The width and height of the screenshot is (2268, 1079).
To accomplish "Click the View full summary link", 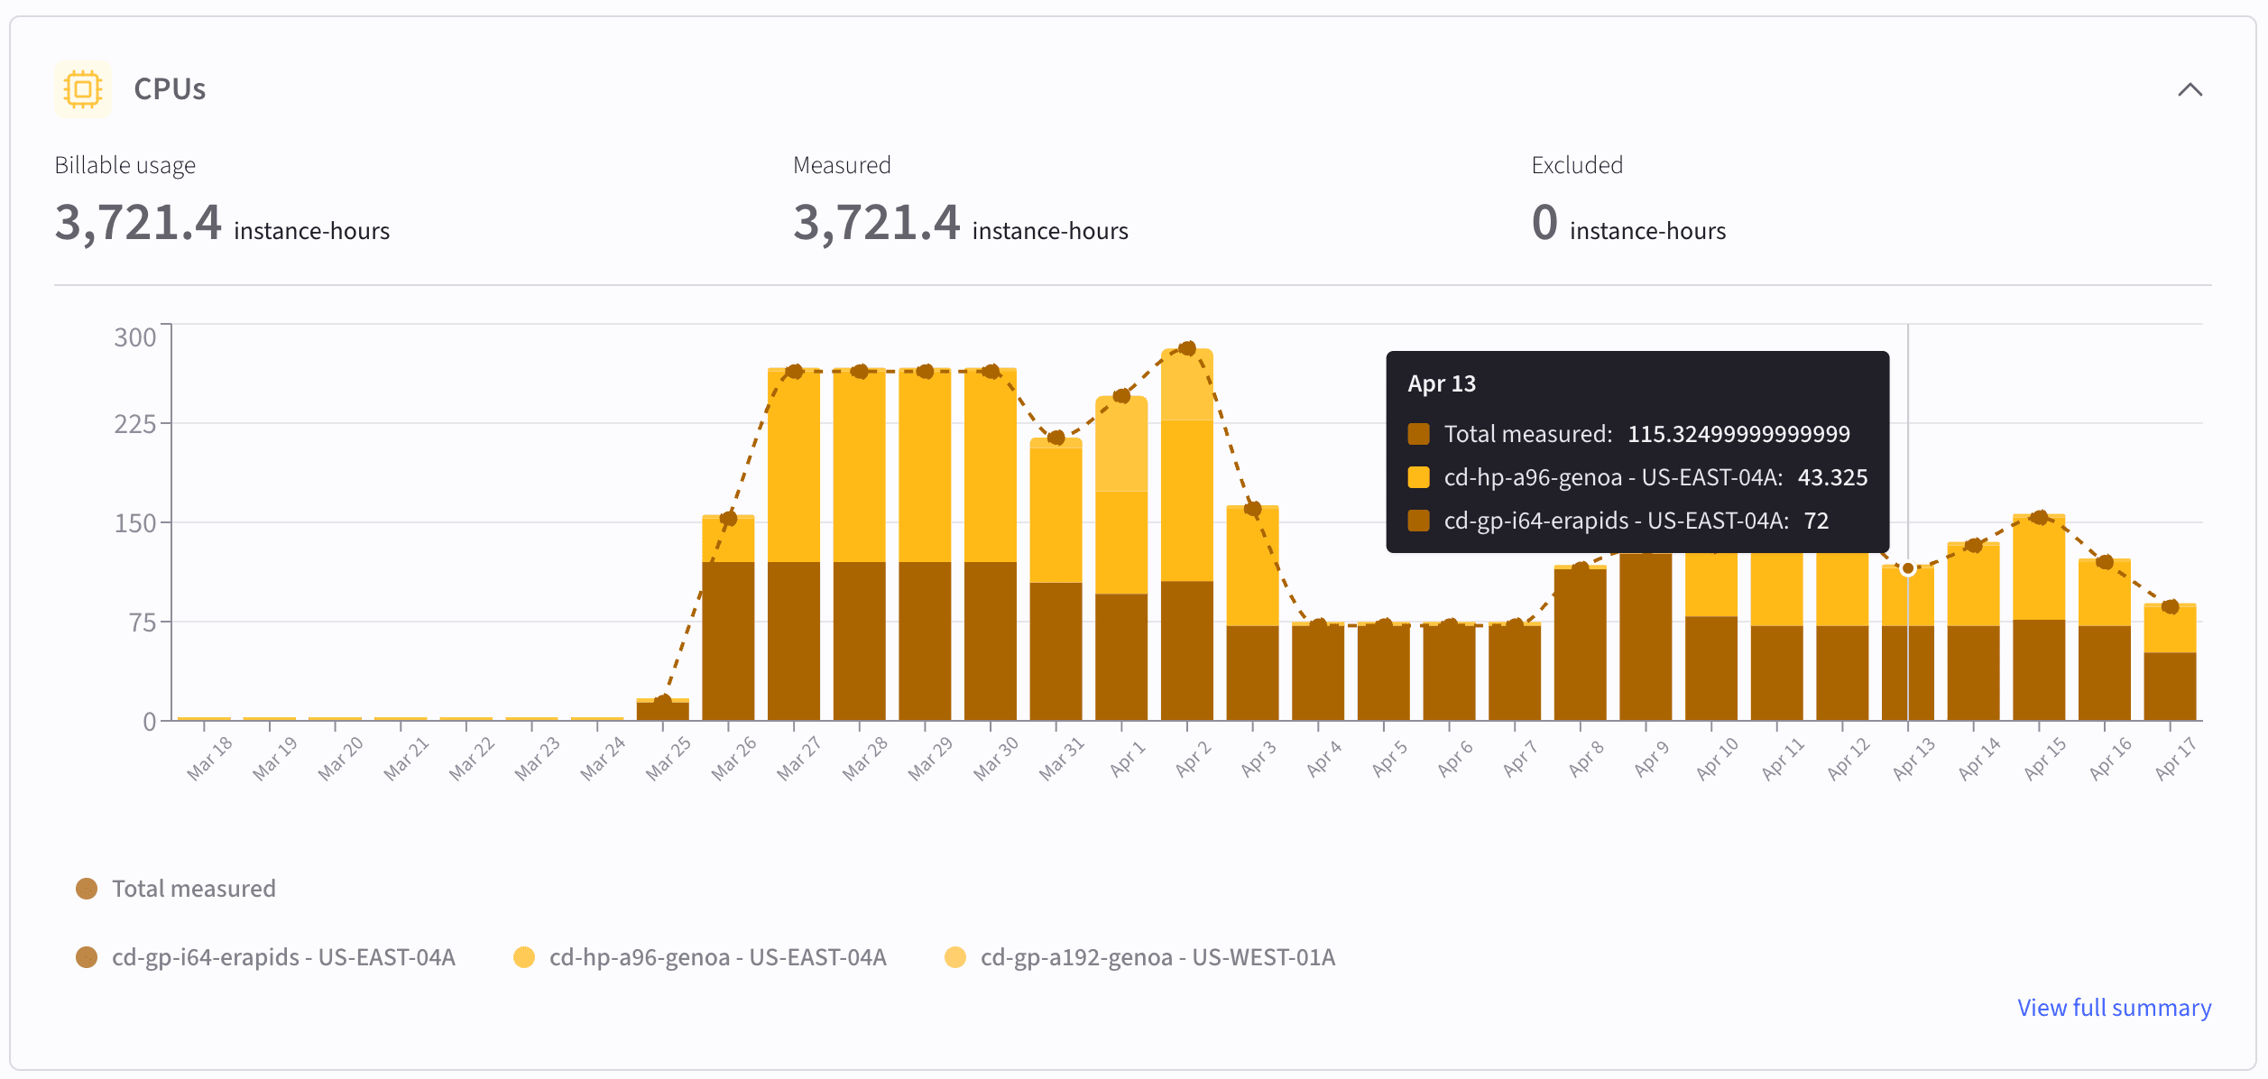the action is [2114, 1008].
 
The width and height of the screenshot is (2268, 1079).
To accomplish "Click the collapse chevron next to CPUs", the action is [2190, 89].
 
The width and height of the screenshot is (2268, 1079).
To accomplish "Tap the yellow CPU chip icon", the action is [83, 89].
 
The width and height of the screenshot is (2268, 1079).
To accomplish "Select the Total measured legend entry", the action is [176, 889].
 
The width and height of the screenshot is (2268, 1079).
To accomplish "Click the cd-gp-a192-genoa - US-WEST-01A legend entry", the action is [1139, 957].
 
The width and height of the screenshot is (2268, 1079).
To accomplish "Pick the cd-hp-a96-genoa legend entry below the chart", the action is [700, 957].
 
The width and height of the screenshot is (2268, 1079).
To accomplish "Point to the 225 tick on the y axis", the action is [135, 424].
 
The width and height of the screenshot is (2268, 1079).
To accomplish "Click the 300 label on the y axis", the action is [135, 337].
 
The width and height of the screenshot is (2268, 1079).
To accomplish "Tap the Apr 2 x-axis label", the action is [1193, 759].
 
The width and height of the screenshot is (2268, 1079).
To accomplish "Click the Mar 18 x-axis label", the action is [209, 759].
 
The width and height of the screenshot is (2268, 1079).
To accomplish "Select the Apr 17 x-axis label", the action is [2174, 759].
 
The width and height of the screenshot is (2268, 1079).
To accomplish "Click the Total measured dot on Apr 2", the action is [1187, 348].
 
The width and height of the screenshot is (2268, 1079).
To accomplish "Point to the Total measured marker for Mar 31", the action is [1056, 438].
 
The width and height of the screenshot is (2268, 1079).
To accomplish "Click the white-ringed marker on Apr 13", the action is [1908, 568].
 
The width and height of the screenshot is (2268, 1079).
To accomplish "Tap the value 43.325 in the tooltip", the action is [1832, 477].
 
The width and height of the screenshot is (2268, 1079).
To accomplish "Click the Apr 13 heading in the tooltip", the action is [1442, 383].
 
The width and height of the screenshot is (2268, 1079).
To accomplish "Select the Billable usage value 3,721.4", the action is [138, 222].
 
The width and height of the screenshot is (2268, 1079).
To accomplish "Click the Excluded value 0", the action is [1544, 222].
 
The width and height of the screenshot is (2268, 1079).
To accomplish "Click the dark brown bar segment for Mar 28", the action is [859, 641].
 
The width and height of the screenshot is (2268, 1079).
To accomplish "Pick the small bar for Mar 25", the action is [663, 709].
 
